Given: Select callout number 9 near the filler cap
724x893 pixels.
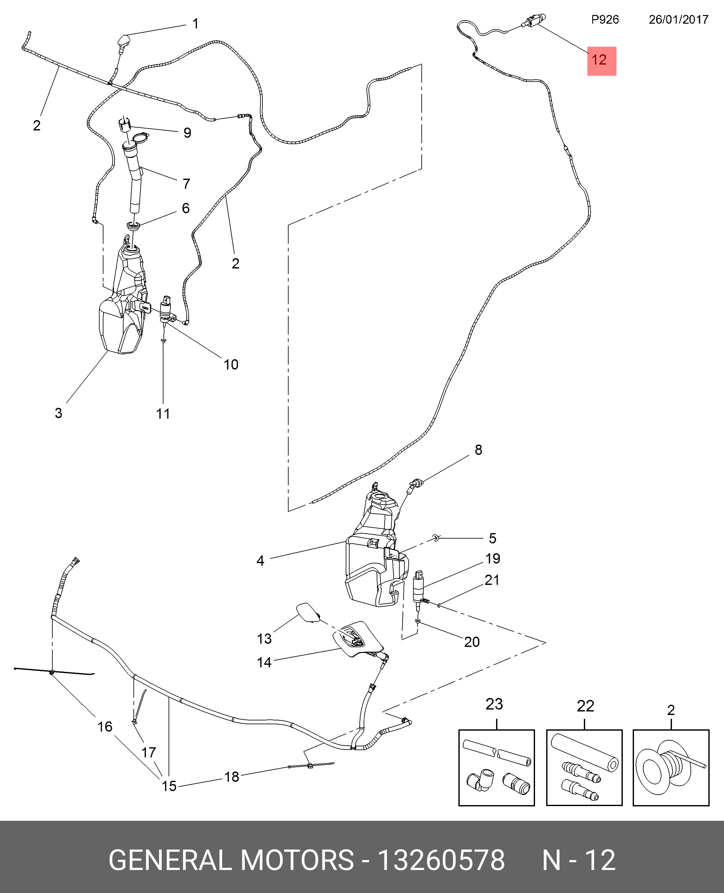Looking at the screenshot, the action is [x=187, y=133].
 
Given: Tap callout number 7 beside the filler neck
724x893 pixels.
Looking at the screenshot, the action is [x=186, y=184].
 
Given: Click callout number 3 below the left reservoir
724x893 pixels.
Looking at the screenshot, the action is [x=58, y=413].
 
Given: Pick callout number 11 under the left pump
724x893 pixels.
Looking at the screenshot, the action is [x=163, y=414].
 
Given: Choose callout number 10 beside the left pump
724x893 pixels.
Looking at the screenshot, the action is [x=230, y=364].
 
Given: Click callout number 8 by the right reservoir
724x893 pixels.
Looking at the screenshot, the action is [x=478, y=450].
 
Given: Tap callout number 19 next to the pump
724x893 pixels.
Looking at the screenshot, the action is [x=493, y=559].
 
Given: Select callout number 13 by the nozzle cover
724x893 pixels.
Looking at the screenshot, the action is [x=264, y=639].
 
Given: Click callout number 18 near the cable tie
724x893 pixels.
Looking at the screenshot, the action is [x=232, y=777].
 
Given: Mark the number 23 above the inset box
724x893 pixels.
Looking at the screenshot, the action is [x=494, y=704].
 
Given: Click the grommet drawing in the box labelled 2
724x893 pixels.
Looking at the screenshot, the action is [x=669, y=769].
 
